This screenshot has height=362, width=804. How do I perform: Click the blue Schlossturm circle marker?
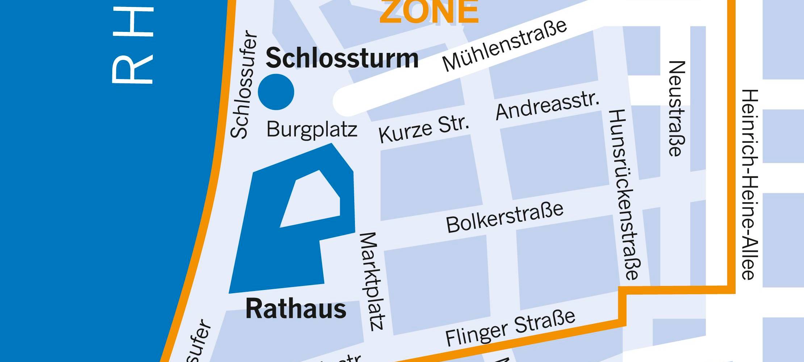[x=276, y=92]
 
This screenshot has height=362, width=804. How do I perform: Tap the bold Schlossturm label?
[x=342, y=58]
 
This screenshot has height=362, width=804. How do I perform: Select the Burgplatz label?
[x=311, y=129]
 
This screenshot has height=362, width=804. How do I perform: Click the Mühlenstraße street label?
[x=504, y=46]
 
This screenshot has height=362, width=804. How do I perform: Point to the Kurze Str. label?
[x=424, y=129]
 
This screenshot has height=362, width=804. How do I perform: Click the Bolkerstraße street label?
[x=505, y=218]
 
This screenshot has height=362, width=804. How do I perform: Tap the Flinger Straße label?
[x=510, y=328]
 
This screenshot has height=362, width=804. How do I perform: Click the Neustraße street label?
[x=676, y=109]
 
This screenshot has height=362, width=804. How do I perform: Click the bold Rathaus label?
[x=296, y=309]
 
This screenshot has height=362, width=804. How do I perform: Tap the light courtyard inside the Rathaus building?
[x=311, y=199]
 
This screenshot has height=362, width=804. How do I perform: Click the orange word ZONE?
[x=429, y=12]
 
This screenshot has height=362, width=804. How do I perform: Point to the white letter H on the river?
[x=133, y=22]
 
